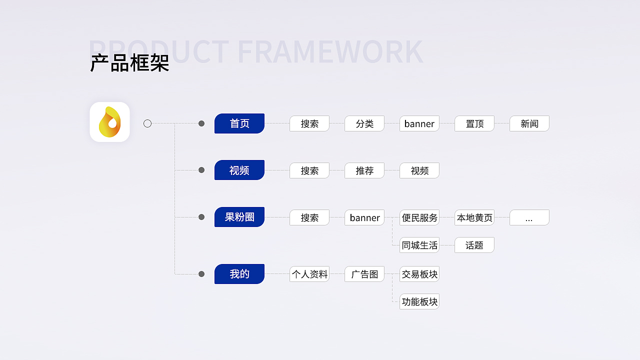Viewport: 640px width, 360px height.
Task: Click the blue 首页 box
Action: [x=239, y=123]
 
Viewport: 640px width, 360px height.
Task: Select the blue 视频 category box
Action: [x=239, y=170]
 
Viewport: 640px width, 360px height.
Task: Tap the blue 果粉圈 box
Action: [x=239, y=217]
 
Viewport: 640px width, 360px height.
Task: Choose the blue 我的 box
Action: [x=239, y=274]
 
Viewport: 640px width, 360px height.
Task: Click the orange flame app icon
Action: [x=109, y=122]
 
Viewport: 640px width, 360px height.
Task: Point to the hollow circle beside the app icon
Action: [x=147, y=123]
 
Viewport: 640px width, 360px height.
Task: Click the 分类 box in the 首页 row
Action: [x=364, y=123]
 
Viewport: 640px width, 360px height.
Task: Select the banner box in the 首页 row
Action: [x=419, y=123]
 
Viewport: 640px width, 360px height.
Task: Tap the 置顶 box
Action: [x=474, y=123]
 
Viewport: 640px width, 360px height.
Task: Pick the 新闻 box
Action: [x=529, y=123]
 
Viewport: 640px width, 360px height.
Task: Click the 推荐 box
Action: [x=364, y=170]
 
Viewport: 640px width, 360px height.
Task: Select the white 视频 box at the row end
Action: [x=419, y=170]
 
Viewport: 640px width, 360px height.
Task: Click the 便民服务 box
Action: [x=419, y=217]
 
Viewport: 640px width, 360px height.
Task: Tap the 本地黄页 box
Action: [x=474, y=217]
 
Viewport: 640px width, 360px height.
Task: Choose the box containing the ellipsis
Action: [x=529, y=217]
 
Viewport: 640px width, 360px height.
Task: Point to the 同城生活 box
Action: [x=419, y=245]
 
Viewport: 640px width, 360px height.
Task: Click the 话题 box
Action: [x=474, y=245]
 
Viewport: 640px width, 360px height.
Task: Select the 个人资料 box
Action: [x=309, y=274]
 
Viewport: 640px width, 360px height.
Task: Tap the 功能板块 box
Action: [x=419, y=301]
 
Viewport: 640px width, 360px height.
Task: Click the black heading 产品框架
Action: [x=129, y=63]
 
